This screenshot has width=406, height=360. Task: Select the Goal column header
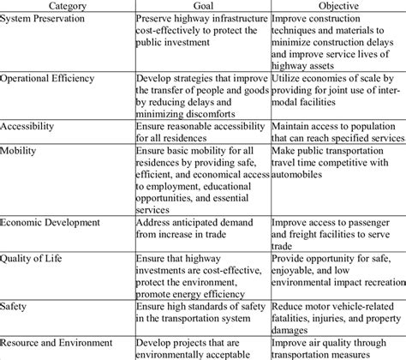click(203, 6)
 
